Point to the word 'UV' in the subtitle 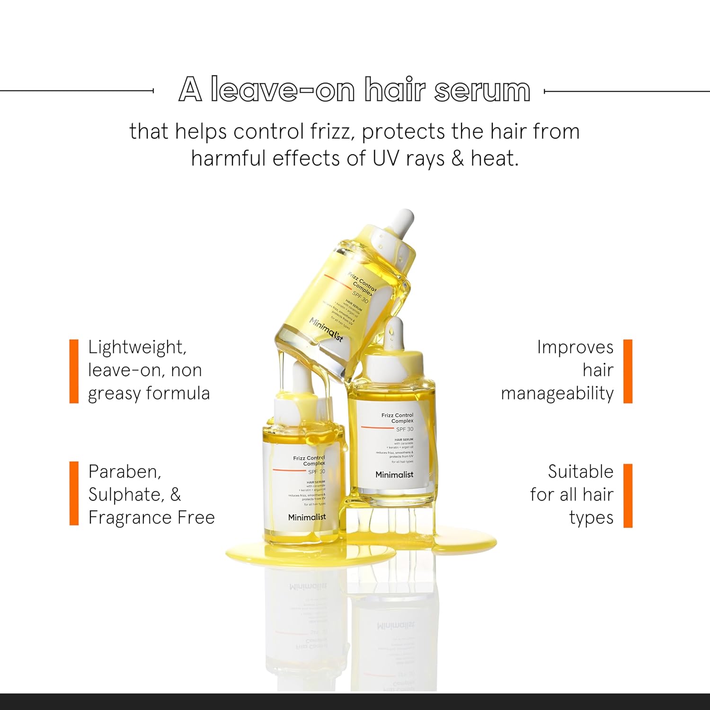(x=386, y=159)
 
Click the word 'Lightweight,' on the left (x=137, y=347)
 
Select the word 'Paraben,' (x=124, y=471)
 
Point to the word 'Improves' (x=575, y=347)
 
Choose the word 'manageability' (x=557, y=393)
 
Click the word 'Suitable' (x=580, y=471)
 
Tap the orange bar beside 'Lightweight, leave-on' (x=74, y=371)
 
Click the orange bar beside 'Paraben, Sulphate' (x=74, y=493)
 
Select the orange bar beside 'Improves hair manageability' (x=628, y=371)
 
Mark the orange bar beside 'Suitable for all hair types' (x=628, y=495)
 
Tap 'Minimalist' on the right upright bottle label (x=394, y=474)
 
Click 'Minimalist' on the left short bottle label (x=307, y=517)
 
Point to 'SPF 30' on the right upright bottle (x=404, y=429)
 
